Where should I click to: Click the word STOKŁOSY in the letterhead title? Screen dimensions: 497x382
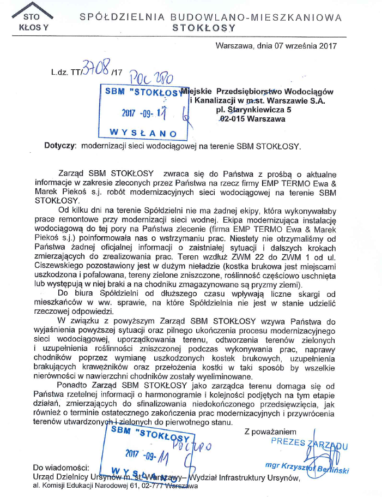click(204, 27)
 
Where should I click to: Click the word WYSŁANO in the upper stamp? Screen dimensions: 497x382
click(143, 133)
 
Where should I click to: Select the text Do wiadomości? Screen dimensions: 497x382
click(60, 468)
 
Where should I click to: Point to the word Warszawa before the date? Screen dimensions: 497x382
click(235, 46)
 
